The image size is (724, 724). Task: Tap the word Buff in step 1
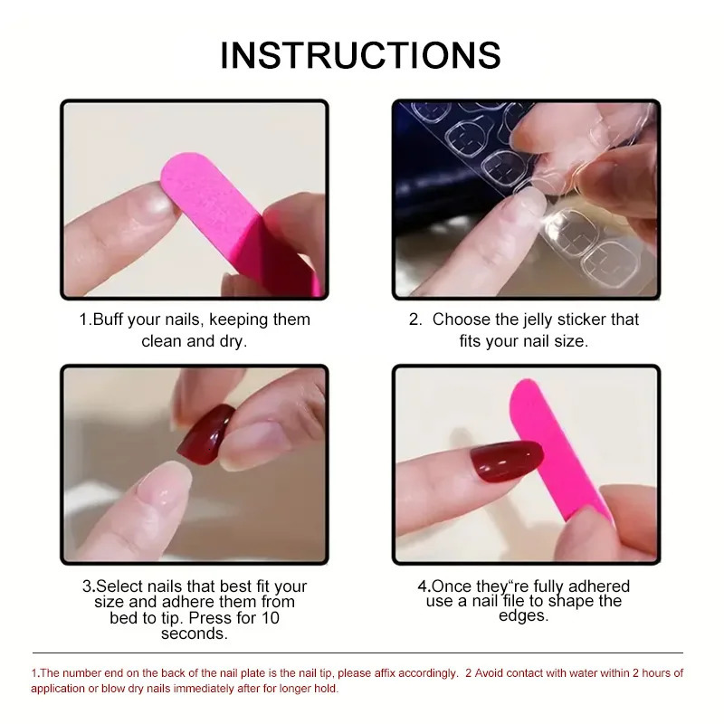coord(110,319)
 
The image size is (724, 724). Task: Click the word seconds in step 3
coord(194,633)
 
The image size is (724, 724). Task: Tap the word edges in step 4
coord(523,615)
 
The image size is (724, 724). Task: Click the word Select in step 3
coord(121,586)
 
